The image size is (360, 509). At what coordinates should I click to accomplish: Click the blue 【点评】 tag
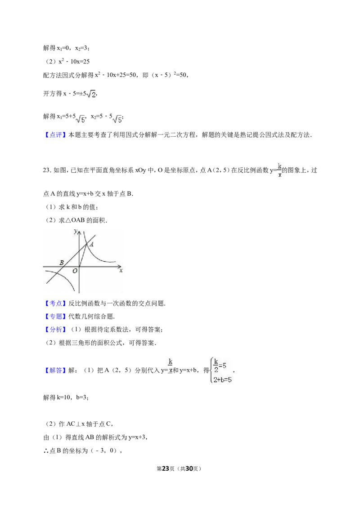55,135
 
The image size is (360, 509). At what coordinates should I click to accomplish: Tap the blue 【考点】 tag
55,304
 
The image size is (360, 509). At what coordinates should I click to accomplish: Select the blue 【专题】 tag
55,317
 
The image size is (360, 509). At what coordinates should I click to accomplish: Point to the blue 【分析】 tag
55,330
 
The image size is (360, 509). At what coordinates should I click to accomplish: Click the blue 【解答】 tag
55,371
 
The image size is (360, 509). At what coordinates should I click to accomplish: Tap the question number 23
47,170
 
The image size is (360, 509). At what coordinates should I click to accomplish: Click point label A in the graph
92,245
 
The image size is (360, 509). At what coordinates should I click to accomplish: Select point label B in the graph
61,263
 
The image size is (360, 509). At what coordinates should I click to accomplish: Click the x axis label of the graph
121,270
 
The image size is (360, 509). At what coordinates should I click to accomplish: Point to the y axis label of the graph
76,232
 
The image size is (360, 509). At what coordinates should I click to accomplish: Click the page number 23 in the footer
166,469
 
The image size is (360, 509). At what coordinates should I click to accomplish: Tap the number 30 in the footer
189,469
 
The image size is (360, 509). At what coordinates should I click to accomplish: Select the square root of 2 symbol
91,94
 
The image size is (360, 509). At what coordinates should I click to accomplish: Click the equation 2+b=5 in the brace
223,380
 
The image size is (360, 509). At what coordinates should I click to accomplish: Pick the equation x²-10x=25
74,61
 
